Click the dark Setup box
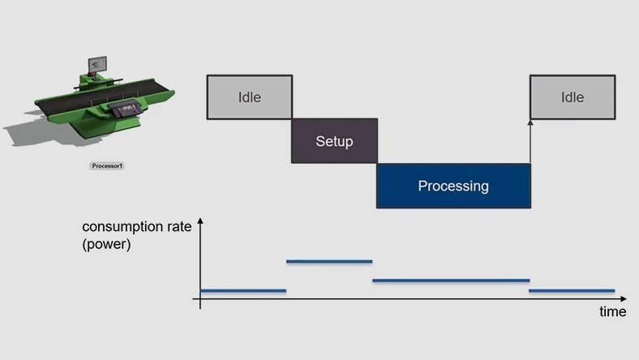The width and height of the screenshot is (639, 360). pyautogui.click(x=334, y=141)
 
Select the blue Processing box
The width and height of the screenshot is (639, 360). pyautogui.click(x=453, y=186)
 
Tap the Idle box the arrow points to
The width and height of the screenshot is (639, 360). pyautogui.click(x=573, y=97)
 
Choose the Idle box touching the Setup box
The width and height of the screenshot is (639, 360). pyautogui.click(x=249, y=97)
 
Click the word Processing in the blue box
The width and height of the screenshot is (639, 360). pyautogui.click(x=453, y=186)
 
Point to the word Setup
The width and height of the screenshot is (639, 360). pyautogui.click(x=334, y=141)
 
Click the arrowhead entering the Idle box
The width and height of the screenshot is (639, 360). pyautogui.click(x=530, y=123)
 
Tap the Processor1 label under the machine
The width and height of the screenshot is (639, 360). pyautogui.click(x=107, y=165)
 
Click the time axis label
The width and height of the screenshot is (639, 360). pyautogui.click(x=612, y=311)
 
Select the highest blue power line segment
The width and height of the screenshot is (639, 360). pyautogui.click(x=329, y=261)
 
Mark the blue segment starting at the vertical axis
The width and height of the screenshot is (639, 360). pyautogui.click(x=243, y=290)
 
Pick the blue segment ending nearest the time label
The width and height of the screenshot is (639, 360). pyautogui.click(x=572, y=290)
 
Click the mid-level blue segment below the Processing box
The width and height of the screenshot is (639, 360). pyautogui.click(x=451, y=281)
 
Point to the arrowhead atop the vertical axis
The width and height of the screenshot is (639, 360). pyautogui.click(x=200, y=221)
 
